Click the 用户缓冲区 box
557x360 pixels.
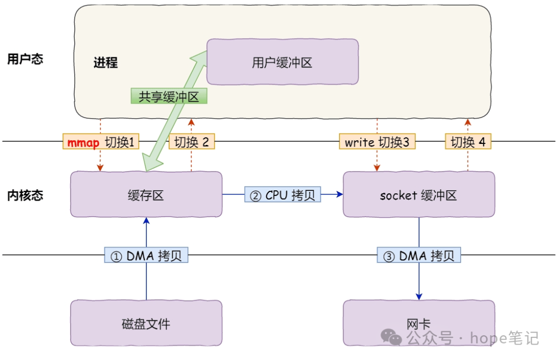coord(282,62)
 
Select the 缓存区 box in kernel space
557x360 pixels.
coord(146,194)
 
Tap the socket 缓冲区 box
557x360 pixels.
coord(418,194)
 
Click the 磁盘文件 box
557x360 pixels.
coord(146,323)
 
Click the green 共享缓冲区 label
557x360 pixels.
coord(169,96)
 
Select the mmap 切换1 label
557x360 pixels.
coord(101,142)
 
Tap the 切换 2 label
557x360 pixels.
coord(191,142)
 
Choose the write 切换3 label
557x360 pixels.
coord(377,142)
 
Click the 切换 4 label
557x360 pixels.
coord(468,142)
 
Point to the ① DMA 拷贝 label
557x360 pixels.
coord(146,255)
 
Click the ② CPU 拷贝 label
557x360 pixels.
coord(283,194)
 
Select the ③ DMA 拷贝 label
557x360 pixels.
coord(418,255)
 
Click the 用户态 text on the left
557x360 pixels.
coord(25,59)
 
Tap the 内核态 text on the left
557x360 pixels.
coord(25,195)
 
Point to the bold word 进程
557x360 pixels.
coord(105,63)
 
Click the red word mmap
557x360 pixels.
coord(83,142)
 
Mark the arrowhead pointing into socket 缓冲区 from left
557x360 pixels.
coord(340,194)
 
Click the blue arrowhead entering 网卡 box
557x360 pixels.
coord(419,297)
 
